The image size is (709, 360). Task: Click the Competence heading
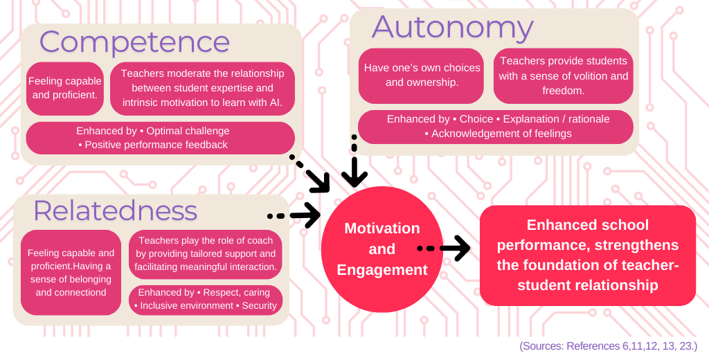(x=134, y=42)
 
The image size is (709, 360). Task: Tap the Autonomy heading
(x=453, y=28)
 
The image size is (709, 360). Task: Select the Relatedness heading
(x=115, y=210)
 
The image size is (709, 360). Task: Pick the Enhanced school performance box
(x=587, y=255)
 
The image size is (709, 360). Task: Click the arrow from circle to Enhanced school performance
(x=444, y=247)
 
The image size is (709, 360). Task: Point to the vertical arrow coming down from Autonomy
(x=354, y=162)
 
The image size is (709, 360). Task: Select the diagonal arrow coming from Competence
(x=311, y=173)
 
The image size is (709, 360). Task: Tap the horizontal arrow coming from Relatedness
(x=294, y=215)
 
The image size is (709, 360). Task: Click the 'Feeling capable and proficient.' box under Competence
(x=64, y=88)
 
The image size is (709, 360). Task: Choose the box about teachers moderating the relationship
(x=202, y=88)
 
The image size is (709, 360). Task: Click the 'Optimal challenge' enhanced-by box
(x=160, y=138)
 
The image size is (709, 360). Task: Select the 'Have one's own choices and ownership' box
(x=422, y=75)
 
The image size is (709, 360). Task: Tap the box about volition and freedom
(x=563, y=75)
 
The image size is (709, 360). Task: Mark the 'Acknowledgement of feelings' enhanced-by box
(x=496, y=126)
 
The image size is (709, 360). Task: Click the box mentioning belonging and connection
(x=71, y=272)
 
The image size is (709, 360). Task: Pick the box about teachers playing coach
(x=206, y=253)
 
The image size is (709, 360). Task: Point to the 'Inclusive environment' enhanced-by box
(x=206, y=299)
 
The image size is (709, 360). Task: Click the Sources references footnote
(x=608, y=345)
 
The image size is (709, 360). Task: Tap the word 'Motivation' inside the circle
(x=382, y=228)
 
